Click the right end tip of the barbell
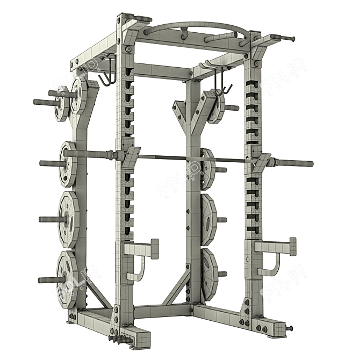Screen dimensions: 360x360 pyautogui.click(x=311, y=163)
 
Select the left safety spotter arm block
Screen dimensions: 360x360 pyautogui.click(x=141, y=249)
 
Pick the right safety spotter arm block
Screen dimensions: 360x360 pyautogui.click(x=275, y=247)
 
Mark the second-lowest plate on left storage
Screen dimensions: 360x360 pyautogui.click(x=68, y=219)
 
